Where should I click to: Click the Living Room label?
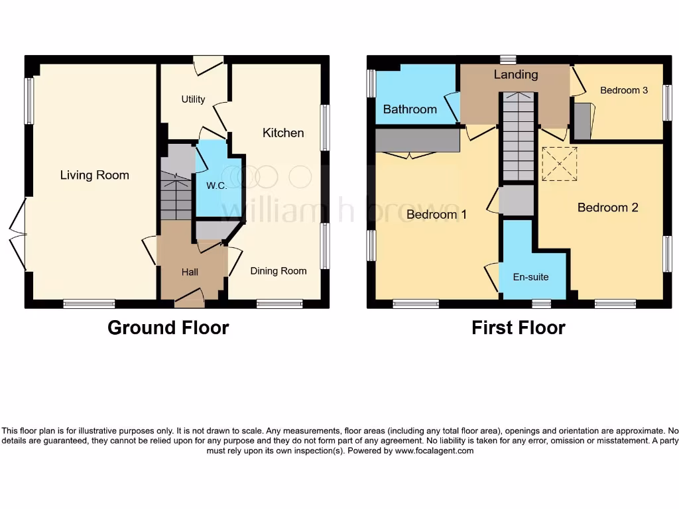(94, 175)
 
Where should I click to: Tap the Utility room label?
(193, 99)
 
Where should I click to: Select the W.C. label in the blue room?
(216, 186)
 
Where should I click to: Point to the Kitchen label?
(283, 133)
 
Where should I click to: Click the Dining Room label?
(278, 270)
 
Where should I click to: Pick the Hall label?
(190, 272)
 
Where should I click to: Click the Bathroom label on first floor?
(410, 109)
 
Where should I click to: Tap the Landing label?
(515, 75)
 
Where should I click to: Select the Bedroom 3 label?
(623, 90)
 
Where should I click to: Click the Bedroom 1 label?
(436, 215)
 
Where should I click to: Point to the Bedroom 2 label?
(607, 208)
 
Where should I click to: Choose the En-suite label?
(531, 276)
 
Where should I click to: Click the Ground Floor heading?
(168, 327)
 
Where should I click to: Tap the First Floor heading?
(518, 327)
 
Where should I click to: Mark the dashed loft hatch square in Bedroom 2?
(560, 164)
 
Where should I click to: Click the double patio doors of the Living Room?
(18, 234)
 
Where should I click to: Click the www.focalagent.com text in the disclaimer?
(434, 451)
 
